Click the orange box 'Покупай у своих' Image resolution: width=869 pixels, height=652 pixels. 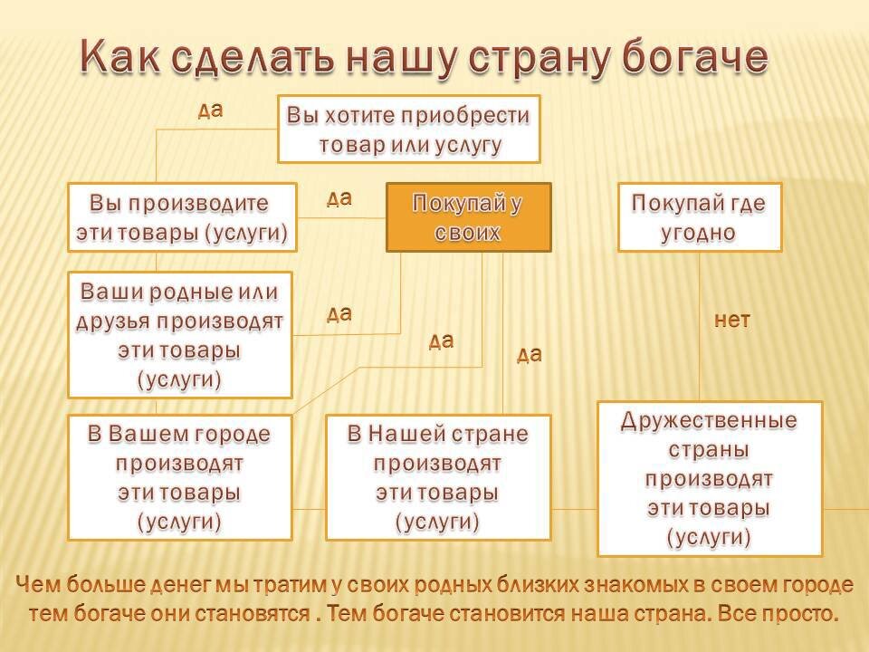tap(468, 217)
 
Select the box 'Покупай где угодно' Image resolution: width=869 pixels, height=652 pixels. tap(699, 217)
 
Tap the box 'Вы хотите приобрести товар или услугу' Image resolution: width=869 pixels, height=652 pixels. tap(408, 129)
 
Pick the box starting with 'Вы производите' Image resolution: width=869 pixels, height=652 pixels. tap(182, 217)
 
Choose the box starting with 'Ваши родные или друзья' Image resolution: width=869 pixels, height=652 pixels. tap(180, 334)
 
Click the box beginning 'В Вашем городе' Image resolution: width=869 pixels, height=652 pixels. tap(180, 477)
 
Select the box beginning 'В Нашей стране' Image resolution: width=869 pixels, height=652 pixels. tap(438, 477)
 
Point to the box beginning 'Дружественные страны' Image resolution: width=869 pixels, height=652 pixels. tap(710, 478)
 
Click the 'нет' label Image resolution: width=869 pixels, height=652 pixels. tap(732, 320)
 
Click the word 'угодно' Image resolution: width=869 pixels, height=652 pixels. tap(698, 232)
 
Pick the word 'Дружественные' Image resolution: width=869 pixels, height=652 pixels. tap(710, 421)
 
